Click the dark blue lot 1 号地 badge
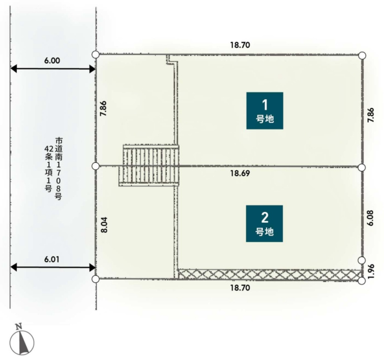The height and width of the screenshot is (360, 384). [x=265, y=111]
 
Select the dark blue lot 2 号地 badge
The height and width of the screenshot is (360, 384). [x=264, y=224]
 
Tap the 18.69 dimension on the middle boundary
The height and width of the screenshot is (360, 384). [x=240, y=173]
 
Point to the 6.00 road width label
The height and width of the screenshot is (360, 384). [x=52, y=61]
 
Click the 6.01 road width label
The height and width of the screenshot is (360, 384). [x=52, y=259]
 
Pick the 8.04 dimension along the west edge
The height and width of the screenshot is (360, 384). [x=104, y=225]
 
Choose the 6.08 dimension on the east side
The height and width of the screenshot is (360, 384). [x=370, y=218]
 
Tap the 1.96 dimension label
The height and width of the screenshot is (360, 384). [x=371, y=271]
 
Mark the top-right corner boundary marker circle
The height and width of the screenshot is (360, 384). [x=362, y=56]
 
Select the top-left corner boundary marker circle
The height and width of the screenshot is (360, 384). [x=96, y=54]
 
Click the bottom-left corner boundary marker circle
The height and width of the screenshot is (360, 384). [x=96, y=279]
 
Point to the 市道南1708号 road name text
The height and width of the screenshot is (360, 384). [x=58, y=169]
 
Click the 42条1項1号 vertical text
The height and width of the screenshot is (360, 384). [x=48, y=169]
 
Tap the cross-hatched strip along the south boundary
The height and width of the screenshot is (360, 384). [x=270, y=274]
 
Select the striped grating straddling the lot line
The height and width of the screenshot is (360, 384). [x=149, y=166]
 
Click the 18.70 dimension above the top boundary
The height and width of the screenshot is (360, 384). [x=240, y=45]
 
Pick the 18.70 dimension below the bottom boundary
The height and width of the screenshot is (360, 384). [x=240, y=288]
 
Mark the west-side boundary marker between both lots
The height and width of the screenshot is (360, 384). [x=96, y=166]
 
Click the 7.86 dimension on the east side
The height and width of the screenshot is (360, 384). [x=371, y=115]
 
